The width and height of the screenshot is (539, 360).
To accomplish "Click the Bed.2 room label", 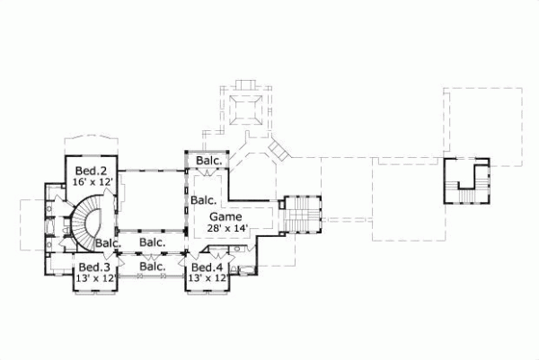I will click(x=91, y=171).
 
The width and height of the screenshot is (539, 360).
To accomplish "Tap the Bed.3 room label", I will click(x=94, y=268).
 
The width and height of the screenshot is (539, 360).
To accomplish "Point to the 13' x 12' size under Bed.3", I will click(x=94, y=278).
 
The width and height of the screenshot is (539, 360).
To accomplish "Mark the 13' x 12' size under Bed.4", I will click(x=207, y=278).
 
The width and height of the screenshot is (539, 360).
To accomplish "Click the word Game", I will click(x=225, y=217).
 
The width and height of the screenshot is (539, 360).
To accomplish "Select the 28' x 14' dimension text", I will click(x=225, y=229).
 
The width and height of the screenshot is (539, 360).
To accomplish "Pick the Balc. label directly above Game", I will click(x=204, y=201).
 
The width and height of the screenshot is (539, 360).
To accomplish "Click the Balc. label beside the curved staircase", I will click(x=108, y=243).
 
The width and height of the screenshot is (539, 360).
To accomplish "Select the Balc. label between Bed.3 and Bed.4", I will click(x=151, y=267).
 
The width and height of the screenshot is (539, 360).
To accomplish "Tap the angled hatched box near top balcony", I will click(x=278, y=148).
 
